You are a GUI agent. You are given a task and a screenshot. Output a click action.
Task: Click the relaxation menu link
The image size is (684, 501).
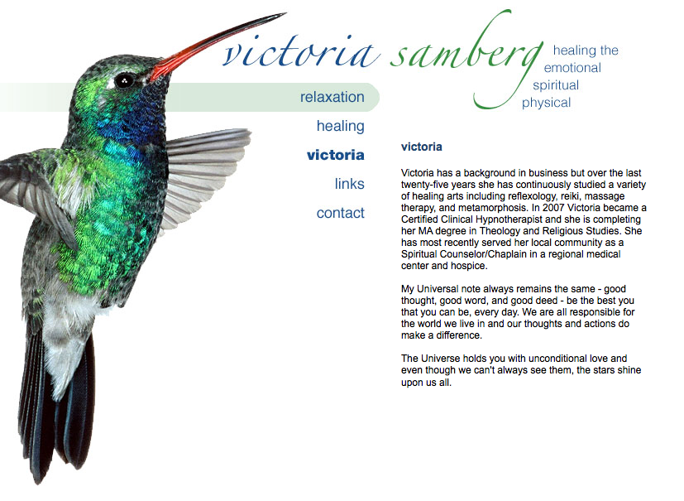point(332,97)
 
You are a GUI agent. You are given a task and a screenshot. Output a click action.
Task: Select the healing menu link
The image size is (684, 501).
point(340,126)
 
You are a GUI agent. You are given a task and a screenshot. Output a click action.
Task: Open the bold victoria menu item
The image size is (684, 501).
point(336,155)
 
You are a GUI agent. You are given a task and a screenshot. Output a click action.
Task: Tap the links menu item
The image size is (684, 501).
point(349,184)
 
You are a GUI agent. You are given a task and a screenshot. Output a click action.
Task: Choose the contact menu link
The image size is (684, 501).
point(340,213)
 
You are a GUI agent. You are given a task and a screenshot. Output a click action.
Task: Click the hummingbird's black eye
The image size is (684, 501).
point(124,81)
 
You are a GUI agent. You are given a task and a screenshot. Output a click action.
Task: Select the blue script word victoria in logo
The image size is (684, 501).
point(299,53)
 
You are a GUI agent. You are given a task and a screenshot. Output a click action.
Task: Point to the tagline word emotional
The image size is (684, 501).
point(572,68)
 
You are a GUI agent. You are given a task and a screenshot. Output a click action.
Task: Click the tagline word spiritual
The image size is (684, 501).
point(556,85)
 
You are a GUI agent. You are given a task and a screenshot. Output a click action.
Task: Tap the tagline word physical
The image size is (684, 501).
point(546,103)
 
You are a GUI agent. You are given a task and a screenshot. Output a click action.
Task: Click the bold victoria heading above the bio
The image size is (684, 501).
point(421,147)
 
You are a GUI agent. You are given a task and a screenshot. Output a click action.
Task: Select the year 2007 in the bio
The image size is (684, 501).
point(553,208)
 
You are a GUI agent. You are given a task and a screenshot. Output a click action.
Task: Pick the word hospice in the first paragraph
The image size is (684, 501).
point(471,266)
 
